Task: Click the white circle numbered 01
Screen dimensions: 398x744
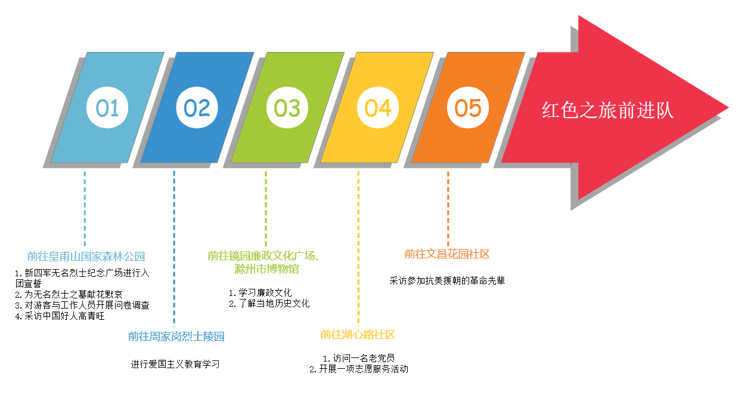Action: point(107,108)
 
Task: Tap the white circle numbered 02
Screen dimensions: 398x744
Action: point(197,108)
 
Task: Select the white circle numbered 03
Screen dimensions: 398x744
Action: point(287,108)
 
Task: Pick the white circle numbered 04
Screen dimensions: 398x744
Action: point(378,108)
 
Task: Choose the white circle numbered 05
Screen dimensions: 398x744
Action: point(468,108)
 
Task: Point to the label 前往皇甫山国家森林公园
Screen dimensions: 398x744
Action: point(86,257)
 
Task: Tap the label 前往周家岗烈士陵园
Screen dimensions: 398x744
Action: point(176,336)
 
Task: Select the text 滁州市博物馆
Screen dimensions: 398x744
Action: point(266,269)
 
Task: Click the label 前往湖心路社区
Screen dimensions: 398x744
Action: point(357,334)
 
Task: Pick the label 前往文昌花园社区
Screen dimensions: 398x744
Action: point(447,254)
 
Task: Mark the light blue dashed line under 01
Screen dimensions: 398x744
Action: point(85,209)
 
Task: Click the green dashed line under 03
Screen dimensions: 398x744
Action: point(266,209)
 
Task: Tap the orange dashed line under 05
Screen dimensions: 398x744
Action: point(448,209)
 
